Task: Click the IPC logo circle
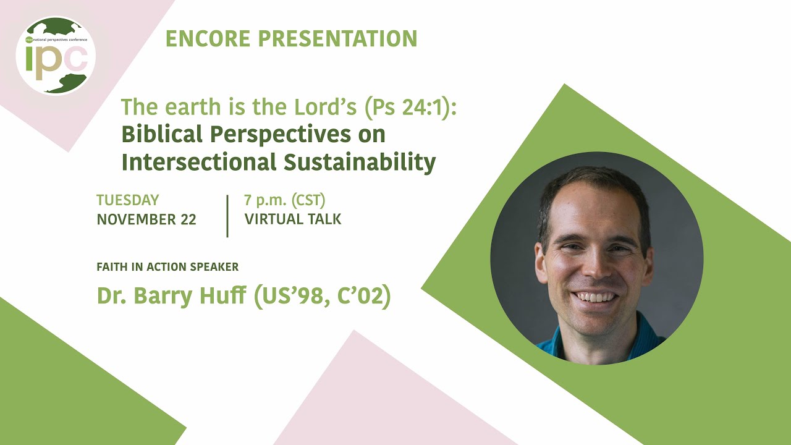tap(56, 56)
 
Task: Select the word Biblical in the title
tap(162, 134)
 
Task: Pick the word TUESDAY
tap(128, 200)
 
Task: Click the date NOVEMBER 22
tap(146, 219)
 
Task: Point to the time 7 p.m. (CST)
tap(285, 200)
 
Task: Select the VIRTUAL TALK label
tap(293, 219)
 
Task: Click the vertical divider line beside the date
tap(227, 216)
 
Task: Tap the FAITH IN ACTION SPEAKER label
tap(167, 267)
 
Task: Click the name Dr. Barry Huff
tap(171, 297)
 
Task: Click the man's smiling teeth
tap(594, 297)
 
